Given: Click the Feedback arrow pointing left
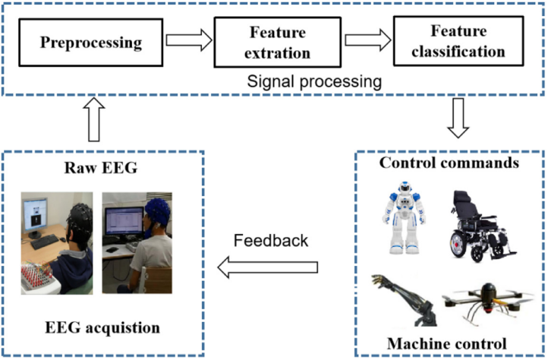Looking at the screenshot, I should (267, 266).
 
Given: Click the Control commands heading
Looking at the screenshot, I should (449, 163).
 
